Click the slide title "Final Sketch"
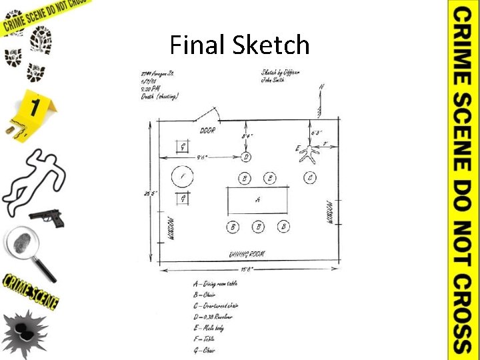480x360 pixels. pyautogui.click(x=239, y=45)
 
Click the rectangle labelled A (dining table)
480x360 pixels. pyautogui.click(x=257, y=199)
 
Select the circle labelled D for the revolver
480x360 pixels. pyautogui.click(x=246, y=157)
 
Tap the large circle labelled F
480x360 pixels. pyautogui.click(x=183, y=177)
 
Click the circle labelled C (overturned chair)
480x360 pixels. pyautogui.click(x=310, y=177)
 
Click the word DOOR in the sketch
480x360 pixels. pyautogui.click(x=207, y=131)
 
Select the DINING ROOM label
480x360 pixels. pyautogui.click(x=246, y=254)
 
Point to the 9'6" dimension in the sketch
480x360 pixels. pyautogui.click(x=201, y=158)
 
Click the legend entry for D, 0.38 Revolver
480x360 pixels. pyautogui.click(x=215, y=317)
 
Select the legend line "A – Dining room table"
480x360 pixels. pyautogui.click(x=215, y=283)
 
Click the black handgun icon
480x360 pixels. pyautogui.click(x=46, y=217)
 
